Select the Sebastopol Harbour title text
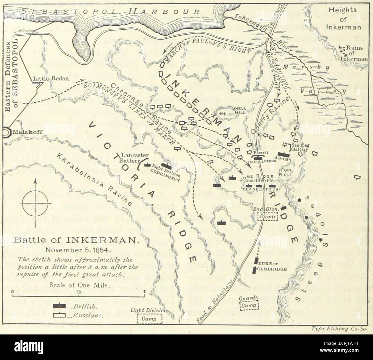coord(110,12)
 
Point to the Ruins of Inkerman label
coord(354,53)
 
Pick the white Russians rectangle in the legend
coord(59,316)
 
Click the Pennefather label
coord(260,189)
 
